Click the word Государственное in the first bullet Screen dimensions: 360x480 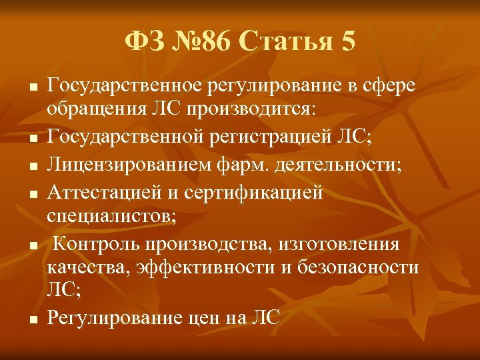(x=127, y=85)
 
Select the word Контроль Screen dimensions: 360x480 (x=93, y=244)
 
